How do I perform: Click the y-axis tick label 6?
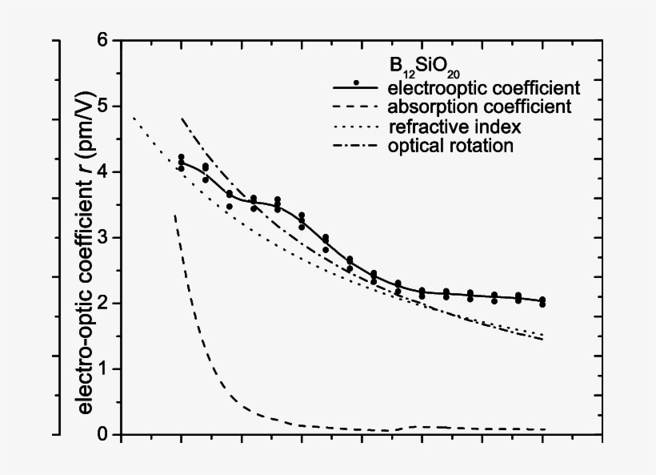click(103, 40)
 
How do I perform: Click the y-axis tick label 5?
click(103, 106)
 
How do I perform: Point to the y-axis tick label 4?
click(103, 171)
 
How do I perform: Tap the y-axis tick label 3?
click(103, 237)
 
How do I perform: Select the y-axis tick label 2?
click(103, 303)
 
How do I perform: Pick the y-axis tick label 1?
click(103, 368)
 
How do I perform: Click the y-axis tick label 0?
click(103, 434)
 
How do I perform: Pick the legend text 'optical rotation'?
click(450, 146)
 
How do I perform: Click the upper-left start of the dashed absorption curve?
click(174, 215)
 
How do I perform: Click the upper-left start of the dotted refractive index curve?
click(133, 118)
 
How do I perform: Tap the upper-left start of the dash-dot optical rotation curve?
click(182, 118)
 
